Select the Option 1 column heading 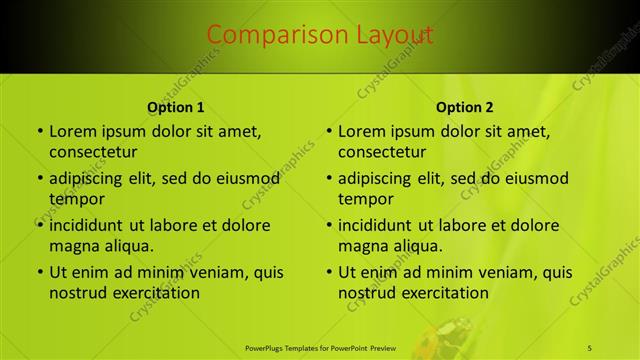176,107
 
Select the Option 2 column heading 465,107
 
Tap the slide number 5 590,347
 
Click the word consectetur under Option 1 93,152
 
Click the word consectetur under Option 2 382,152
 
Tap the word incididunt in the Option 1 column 92,225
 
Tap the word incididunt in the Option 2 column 381,225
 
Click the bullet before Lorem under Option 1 39,132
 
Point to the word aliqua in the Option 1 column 125,246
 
